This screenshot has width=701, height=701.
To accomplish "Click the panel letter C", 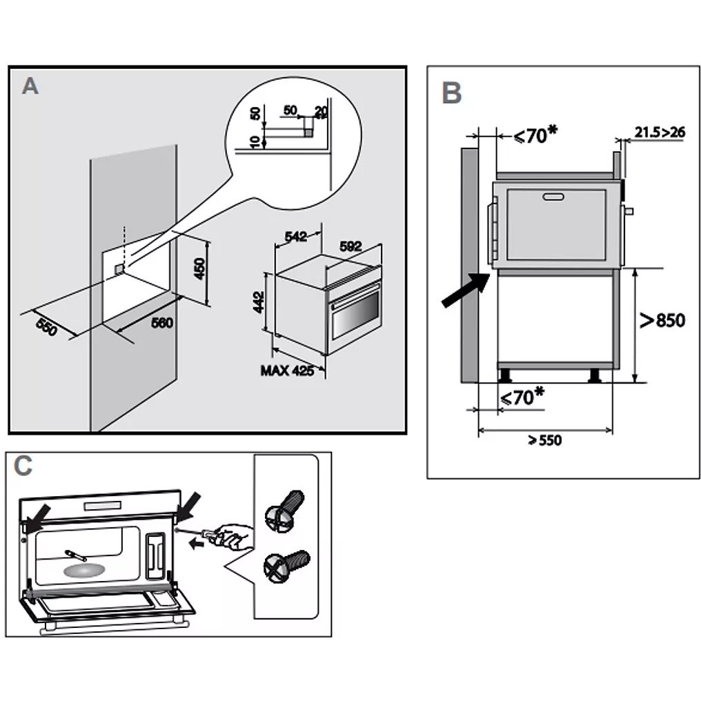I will click(23, 466).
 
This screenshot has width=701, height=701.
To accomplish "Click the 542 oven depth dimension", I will click(295, 237).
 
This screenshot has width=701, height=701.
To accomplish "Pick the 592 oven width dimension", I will click(351, 246).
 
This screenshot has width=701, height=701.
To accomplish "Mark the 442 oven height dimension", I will click(259, 302).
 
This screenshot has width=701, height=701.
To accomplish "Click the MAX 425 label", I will click(287, 371).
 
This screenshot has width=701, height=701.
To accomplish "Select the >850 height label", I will click(662, 320).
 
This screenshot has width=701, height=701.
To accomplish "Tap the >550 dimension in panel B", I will click(545, 441).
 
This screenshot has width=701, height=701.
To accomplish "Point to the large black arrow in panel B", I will click(465, 290).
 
